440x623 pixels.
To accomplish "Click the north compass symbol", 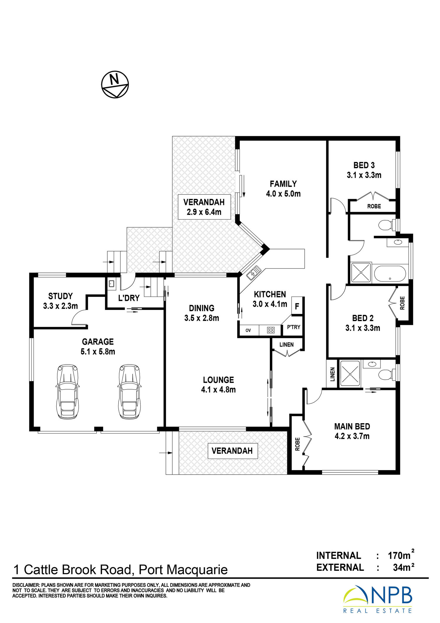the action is (x=115, y=84).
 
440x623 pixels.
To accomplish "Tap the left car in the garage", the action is (x=68, y=391).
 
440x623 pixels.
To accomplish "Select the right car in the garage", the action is (x=129, y=391).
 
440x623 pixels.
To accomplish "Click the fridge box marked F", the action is (x=297, y=306).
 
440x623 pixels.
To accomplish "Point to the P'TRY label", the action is (x=294, y=327).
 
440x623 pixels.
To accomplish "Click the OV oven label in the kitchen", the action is (x=248, y=330).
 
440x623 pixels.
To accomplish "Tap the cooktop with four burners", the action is (x=270, y=330).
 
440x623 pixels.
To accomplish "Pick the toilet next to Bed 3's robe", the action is (x=387, y=226).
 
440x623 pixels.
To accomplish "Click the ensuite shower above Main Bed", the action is (x=350, y=373).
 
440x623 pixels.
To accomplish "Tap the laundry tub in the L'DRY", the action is (x=111, y=284).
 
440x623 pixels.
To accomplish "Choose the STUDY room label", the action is (x=60, y=296).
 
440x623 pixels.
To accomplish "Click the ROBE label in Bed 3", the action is (x=374, y=206).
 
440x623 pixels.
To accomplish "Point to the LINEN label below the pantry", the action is (x=287, y=345).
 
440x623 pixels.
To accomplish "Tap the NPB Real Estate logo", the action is (x=378, y=599).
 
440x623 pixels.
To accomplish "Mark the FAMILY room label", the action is (x=283, y=184).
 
